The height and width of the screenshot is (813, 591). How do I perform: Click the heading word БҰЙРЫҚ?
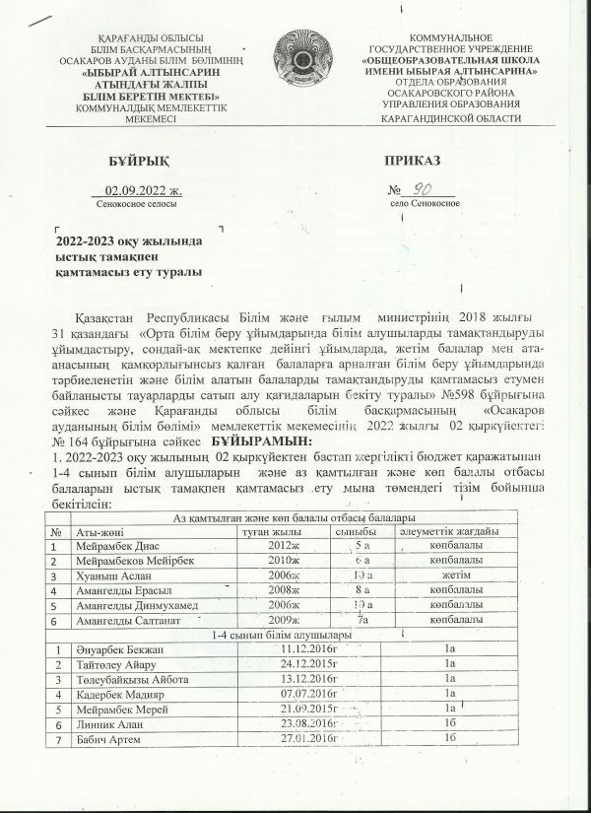click(132, 161)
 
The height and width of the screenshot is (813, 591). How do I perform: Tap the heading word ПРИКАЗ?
click(414, 161)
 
